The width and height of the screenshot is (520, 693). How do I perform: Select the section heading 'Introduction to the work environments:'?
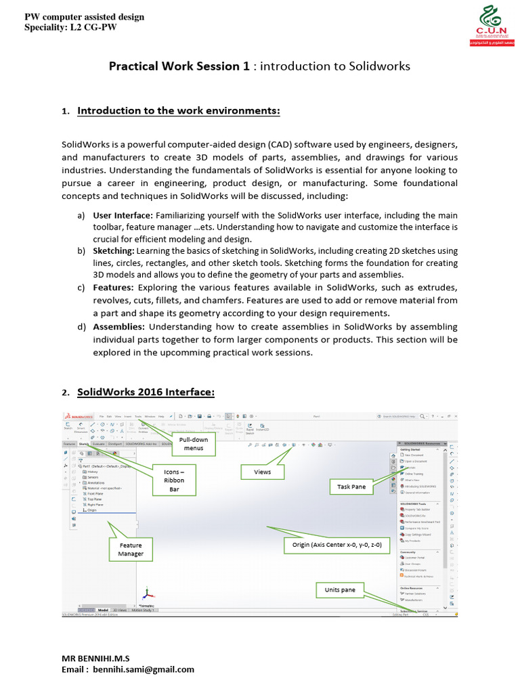179,110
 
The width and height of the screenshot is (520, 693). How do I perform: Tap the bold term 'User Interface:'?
123,215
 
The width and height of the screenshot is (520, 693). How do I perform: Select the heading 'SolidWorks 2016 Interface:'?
146,392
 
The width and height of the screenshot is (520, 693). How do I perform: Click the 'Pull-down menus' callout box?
193,444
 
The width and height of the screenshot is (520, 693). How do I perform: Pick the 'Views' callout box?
262,472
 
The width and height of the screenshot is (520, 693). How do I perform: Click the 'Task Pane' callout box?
351,487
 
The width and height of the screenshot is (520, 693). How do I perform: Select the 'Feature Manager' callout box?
131,549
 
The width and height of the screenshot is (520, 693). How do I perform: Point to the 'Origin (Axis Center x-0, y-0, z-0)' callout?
337,543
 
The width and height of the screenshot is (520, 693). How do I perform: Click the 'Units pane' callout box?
339,590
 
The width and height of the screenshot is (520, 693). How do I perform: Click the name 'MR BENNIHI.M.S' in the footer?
96,658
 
